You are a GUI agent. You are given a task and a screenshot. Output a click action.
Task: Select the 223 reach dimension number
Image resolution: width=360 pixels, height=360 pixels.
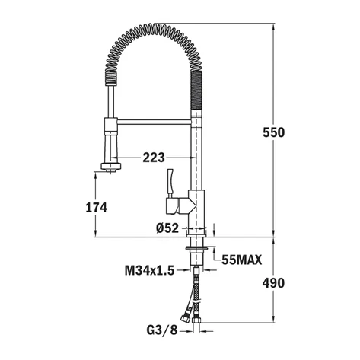[x=154, y=158]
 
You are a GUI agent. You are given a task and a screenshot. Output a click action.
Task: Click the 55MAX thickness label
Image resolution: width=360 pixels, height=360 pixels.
[x=242, y=260]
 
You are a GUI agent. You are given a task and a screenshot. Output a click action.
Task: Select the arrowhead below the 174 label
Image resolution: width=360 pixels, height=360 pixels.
[x=96, y=232]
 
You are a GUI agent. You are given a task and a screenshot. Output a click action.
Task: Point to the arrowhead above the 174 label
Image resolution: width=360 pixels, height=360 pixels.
[x=96, y=175]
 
